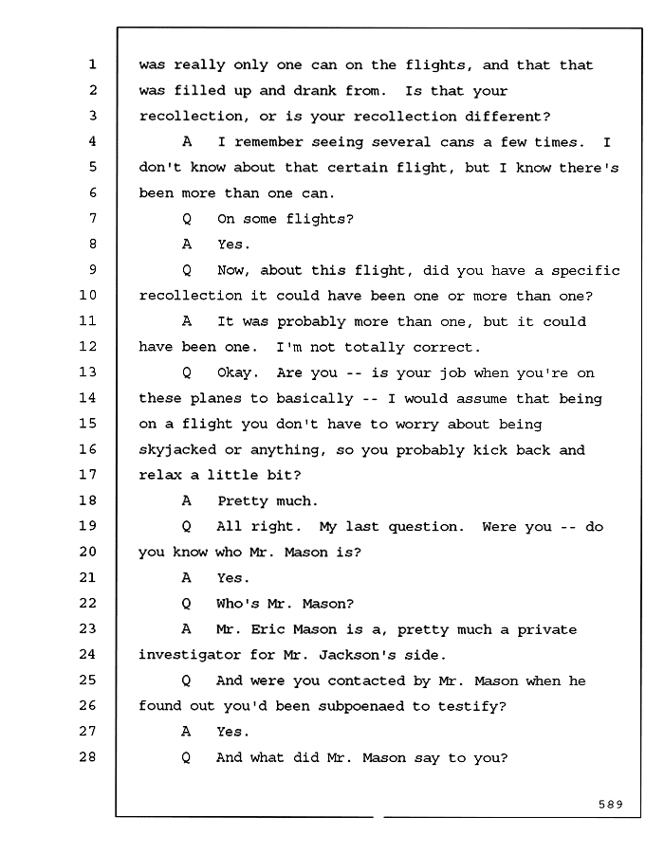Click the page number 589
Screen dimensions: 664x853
click(611, 804)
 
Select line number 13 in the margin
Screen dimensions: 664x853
click(87, 372)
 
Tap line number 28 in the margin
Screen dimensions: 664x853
click(87, 756)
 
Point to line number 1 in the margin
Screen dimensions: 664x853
click(93, 64)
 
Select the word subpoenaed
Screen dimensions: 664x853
click(362, 706)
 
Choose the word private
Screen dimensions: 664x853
click(547, 630)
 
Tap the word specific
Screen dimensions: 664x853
click(585, 271)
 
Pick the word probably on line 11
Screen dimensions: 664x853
click(311, 322)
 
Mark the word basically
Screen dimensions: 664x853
click(315, 399)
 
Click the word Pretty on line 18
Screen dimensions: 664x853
click(242, 501)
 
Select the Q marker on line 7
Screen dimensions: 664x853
click(187, 219)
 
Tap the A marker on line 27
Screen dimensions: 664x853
click(186, 731)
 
